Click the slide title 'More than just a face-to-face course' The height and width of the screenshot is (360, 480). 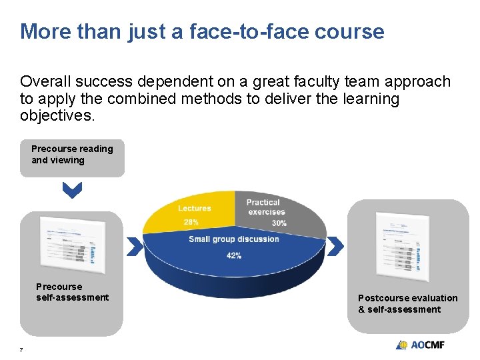[202, 31]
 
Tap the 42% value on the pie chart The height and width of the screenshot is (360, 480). [233, 255]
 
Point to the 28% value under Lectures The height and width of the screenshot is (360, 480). [191, 222]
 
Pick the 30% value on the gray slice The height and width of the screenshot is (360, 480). [279, 223]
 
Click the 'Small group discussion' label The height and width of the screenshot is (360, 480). [233, 239]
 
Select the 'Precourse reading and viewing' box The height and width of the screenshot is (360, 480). [72, 158]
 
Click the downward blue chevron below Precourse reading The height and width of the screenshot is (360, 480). [72, 192]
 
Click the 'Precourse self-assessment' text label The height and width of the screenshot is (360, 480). [72, 292]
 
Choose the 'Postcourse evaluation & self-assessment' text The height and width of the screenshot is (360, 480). [407, 303]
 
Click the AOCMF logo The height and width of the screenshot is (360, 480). [420, 345]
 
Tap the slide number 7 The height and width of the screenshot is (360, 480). [22, 350]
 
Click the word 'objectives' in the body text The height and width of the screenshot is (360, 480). [56, 115]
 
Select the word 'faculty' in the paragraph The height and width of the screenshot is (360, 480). [307, 81]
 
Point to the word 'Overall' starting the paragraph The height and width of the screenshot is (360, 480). [46, 81]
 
